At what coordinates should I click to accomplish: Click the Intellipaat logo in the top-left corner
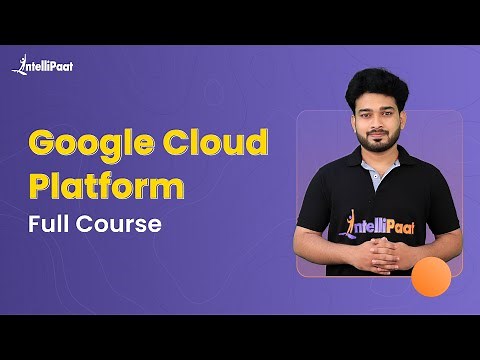(42, 66)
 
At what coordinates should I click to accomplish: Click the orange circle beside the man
(431, 276)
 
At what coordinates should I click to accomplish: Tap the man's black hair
(376, 86)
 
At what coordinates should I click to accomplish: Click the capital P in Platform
(40, 187)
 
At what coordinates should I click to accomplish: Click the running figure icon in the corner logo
(19, 64)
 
